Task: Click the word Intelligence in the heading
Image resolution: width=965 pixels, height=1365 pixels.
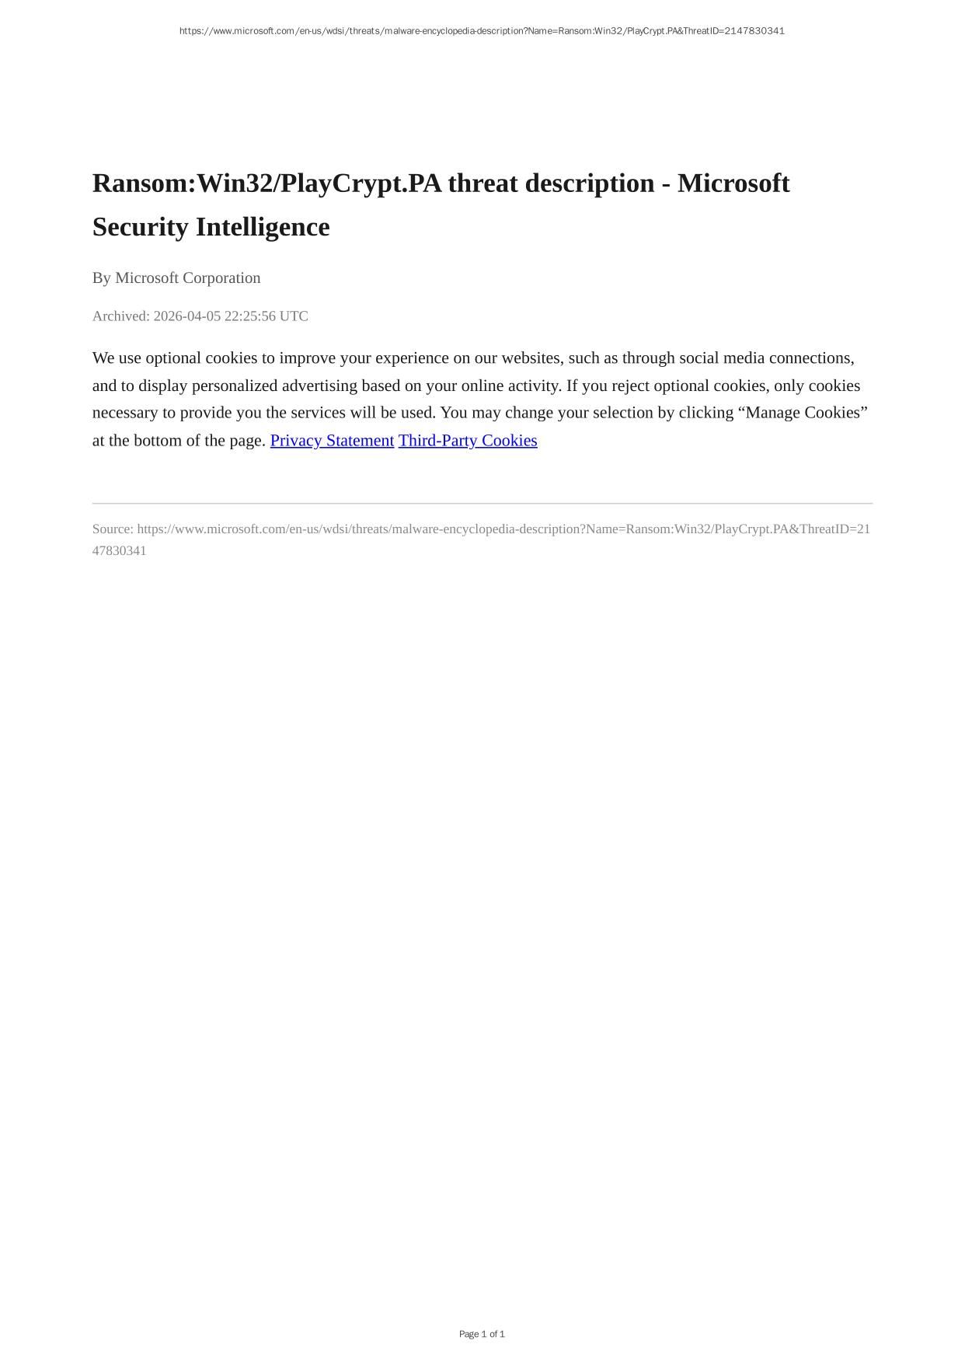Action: tap(263, 227)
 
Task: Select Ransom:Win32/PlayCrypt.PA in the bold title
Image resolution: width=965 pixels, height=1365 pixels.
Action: tap(267, 183)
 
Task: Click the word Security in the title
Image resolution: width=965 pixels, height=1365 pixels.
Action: tap(141, 227)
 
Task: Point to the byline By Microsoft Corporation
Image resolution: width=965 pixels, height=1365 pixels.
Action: tap(176, 278)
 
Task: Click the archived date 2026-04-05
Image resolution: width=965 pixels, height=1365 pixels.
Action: tap(186, 316)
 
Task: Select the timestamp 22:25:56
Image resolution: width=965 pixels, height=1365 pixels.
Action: tap(249, 316)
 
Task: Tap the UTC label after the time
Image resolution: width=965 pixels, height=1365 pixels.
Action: tap(294, 316)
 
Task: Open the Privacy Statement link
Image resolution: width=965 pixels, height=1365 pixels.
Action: tap(332, 441)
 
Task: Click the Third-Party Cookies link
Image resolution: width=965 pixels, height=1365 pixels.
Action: tap(468, 441)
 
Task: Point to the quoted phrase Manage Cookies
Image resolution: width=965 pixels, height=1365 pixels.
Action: tap(805, 413)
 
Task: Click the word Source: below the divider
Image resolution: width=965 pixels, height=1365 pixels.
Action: tap(113, 529)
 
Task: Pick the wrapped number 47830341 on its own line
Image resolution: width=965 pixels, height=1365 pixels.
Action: tap(119, 551)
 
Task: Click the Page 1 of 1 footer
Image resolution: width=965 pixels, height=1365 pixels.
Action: tap(482, 1334)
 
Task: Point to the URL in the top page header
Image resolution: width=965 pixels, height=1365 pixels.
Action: tap(482, 31)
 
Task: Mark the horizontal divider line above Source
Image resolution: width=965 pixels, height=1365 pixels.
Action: tap(482, 504)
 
